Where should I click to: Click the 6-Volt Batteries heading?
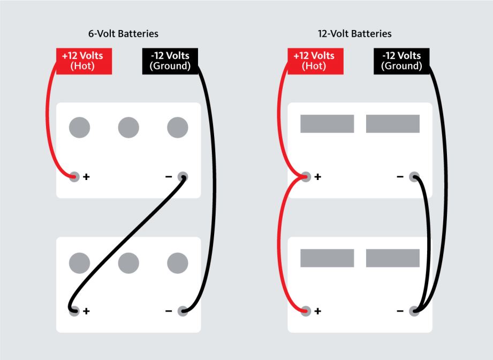[x=123, y=34]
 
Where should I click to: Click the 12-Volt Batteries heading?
[x=355, y=34]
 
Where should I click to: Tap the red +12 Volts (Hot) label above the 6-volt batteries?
[x=84, y=61]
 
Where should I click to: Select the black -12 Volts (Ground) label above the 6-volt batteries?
[x=170, y=61]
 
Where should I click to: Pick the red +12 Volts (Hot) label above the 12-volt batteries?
[x=315, y=61]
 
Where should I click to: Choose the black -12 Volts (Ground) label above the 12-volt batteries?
[x=401, y=61]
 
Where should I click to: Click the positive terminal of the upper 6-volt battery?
[x=74, y=177]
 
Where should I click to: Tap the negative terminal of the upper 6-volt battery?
[x=183, y=177]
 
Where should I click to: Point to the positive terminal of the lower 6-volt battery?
[x=74, y=311]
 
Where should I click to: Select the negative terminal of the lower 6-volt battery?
[x=183, y=311]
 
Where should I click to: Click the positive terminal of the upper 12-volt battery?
[x=306, y=177]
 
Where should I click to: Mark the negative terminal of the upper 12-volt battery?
[x=414, y=177]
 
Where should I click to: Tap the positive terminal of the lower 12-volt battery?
[x=306, y=311]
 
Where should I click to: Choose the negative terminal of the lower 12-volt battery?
[x=414, y=311]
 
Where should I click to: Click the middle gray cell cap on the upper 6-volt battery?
[x=128, y=127]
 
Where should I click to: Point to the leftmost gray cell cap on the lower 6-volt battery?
[x=80, y=262]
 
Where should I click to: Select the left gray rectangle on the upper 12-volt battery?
[x=327, y=124]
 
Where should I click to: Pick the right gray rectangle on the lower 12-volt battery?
[x=393, y=258]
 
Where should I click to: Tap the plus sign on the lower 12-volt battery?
[x=318, y=311]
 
